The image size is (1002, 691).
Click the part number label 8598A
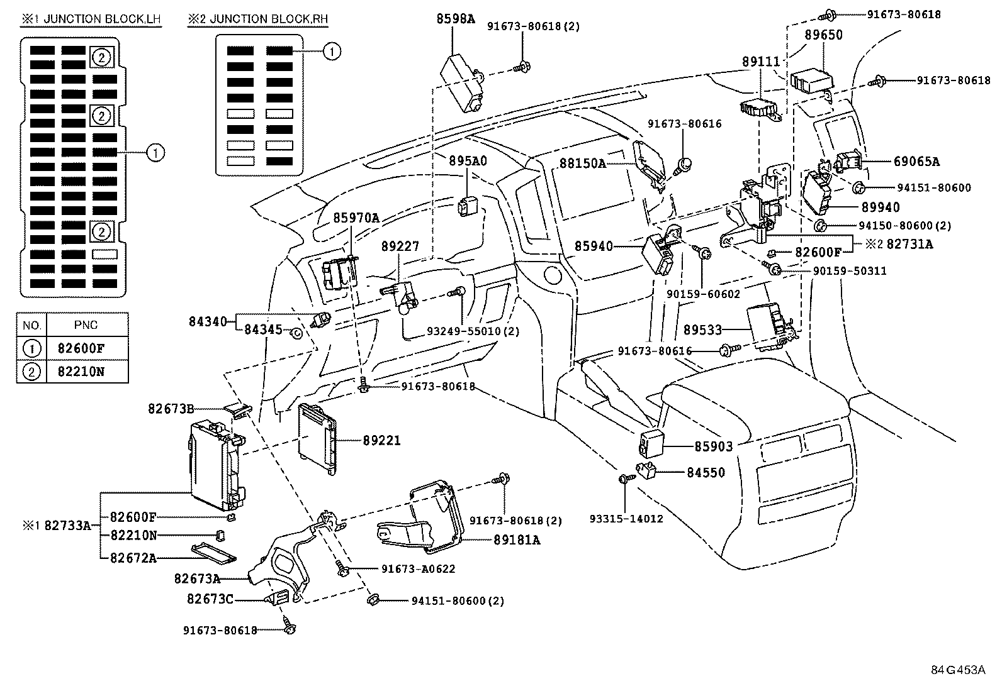pos(456,19)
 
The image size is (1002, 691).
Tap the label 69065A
pos(916,162)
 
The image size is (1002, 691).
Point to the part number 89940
pos(881,207)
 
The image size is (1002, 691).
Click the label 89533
pos(703,329)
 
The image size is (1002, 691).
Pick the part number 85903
pos(714,446)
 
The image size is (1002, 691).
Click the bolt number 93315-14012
pos(626,519)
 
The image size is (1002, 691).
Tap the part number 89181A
pos(517,539)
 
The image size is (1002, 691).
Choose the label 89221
pos(381,441)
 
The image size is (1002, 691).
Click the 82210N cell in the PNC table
pos(81,371)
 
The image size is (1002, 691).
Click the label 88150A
pos(582,163)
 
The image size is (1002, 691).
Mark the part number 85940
pos(594,246)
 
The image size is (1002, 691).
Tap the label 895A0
pos(468,161)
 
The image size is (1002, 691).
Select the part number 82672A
pos(133,557)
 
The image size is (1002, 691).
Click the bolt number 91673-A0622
pos(418,568)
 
